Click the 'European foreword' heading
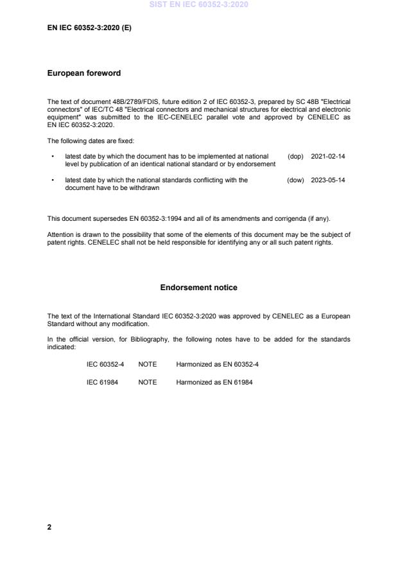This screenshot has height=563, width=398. coord(83,73)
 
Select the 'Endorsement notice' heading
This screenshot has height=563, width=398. coord(198,288)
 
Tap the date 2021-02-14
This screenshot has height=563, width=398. coord(328,156)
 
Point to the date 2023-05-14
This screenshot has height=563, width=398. coord(328,180)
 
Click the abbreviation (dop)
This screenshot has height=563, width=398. coord(295,156)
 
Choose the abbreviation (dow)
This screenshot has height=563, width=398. coord(295,180)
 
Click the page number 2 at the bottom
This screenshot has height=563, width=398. coord(49,527)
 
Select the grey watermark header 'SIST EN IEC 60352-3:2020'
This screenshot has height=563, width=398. coord(198,4)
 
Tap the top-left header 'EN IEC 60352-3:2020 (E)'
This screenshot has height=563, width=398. coord(89,28)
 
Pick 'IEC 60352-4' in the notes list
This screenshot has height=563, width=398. coord(105,364)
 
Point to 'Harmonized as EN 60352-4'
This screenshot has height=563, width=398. coord(217,364)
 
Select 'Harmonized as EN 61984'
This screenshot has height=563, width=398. coord(212,382)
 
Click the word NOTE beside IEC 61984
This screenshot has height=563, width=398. coord(147,382)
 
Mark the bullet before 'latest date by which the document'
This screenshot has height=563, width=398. coord(51,156)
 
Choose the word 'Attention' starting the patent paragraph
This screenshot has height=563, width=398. coord(60,234)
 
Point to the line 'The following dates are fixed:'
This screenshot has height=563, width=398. coord(91,141)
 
